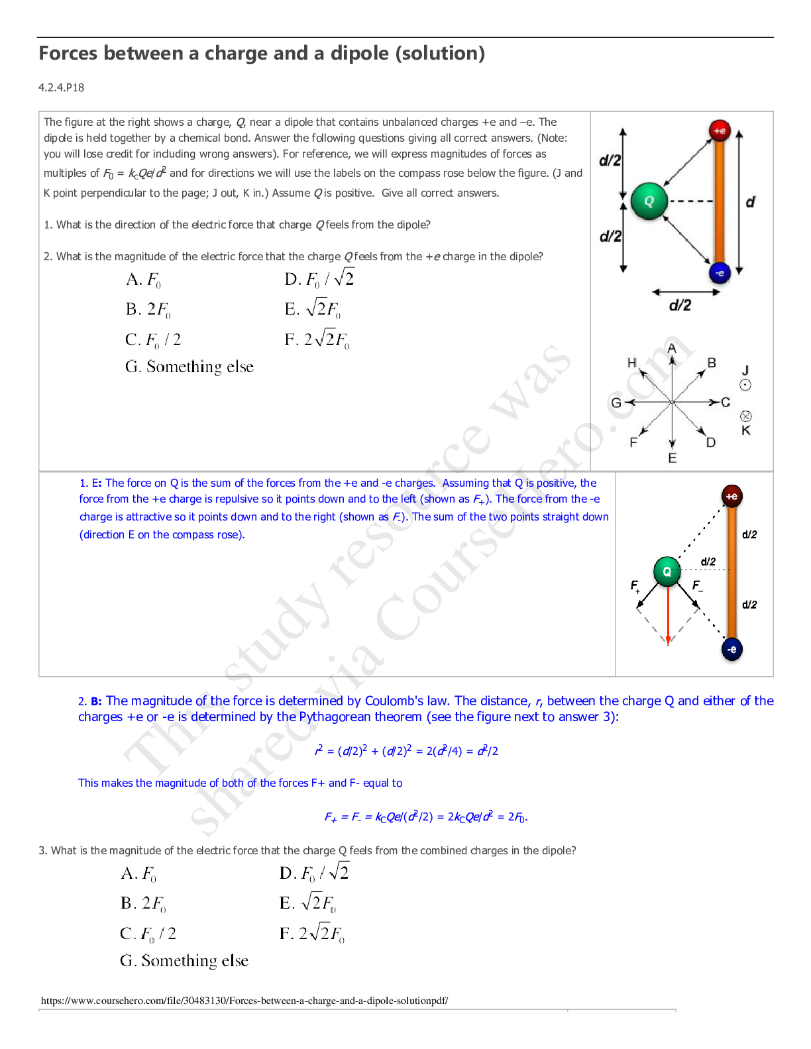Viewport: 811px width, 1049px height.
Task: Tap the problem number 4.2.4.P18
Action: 62,87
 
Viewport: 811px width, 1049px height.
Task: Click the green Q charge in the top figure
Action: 649,201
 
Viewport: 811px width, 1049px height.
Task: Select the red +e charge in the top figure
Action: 720,130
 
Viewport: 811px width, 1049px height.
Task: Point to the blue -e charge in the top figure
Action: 720,272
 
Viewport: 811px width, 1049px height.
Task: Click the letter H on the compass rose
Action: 631,362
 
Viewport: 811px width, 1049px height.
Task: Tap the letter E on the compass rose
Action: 672,458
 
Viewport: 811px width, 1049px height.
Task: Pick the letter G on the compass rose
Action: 616,402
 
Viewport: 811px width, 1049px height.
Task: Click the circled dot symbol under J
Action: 745,385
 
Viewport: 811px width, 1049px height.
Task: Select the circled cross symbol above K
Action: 745,416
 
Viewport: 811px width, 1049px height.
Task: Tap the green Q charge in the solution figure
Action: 667,571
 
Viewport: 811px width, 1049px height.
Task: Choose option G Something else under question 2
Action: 189,367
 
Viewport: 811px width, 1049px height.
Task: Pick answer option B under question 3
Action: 143,903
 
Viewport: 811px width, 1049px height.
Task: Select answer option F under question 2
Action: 317,340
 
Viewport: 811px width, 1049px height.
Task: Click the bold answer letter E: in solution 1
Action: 97,483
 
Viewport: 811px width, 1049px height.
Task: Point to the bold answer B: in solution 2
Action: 96,701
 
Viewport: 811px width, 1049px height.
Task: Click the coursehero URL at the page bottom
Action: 244,1001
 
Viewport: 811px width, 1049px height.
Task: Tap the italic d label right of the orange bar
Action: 750,201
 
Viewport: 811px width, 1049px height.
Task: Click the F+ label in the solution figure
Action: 635,586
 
